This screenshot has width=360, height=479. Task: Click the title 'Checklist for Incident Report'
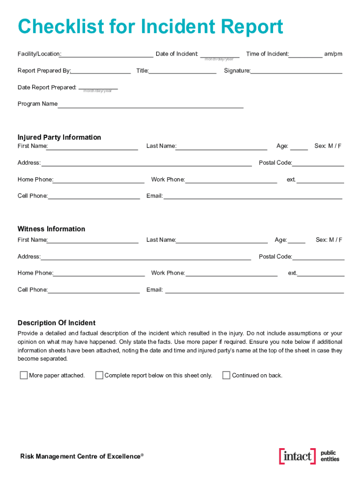tap(150, 27)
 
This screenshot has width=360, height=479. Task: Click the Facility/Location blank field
tap(107, 54)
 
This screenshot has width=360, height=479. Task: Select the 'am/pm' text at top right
tap(333, 54)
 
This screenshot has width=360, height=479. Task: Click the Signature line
tap(296, 71)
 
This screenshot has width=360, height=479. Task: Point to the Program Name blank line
tap(150, 105)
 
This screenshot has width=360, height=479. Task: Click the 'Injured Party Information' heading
tap(59, 137)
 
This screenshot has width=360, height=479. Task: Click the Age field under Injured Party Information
tap(299, 147)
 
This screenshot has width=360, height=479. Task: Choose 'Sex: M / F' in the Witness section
tap(329, 239)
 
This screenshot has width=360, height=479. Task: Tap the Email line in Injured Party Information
tap(252, 196)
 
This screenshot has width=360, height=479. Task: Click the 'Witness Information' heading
tap(51, 229)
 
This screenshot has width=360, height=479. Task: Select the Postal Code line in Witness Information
tap(318, 257)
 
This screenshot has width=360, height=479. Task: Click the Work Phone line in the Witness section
tap(231, 274)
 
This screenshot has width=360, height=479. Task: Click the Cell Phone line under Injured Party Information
tap(94, 196)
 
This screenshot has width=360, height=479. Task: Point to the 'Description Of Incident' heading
tap(57, 323)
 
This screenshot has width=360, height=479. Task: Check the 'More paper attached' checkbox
tap(23, 375)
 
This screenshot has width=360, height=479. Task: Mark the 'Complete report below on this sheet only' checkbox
tap(99, 375)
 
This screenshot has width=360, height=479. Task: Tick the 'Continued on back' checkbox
tap(226, 375)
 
